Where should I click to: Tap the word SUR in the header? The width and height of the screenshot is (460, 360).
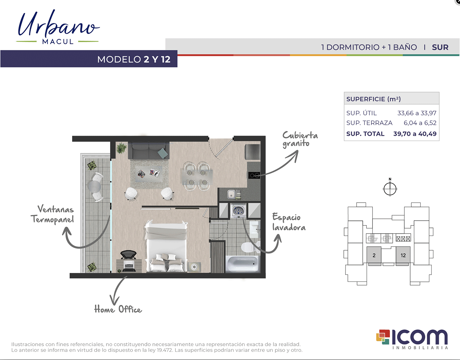point(440,47)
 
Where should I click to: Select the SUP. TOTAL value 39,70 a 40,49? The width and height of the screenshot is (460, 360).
point(415,134)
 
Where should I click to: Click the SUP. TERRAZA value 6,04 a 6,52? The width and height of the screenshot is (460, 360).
point(420,123)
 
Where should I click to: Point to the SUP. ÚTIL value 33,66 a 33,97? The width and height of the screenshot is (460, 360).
point(417,113)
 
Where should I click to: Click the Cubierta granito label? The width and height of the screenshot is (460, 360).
point(300,139)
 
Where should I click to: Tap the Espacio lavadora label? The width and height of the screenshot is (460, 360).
point(289,222)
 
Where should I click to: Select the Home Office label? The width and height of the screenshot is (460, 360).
point(118,309)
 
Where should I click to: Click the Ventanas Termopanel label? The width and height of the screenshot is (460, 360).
point(52,214)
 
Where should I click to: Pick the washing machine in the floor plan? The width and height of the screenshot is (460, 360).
point(238,211)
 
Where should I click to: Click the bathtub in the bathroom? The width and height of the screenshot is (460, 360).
point(242,264)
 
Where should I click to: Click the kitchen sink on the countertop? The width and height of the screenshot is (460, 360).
point(231,194)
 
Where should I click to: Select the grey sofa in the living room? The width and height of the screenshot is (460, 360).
point(149,150)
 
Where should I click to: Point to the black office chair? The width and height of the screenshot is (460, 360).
point(128,254)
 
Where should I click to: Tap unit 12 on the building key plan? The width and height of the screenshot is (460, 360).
point(403,255)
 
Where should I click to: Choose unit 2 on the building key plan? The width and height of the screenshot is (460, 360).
point(374,255)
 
